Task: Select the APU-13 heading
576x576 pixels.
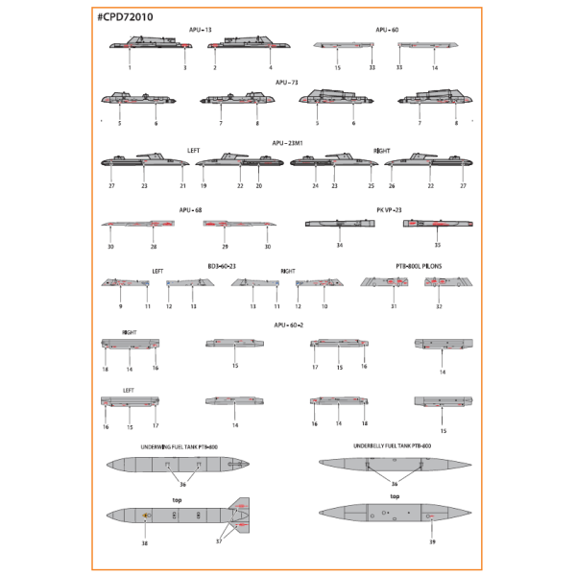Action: click(x=202, y=30)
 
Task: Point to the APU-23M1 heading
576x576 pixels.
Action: click(x=287, y=142)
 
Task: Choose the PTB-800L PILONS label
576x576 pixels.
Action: click(x=419, y=265)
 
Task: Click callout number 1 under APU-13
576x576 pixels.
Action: click(x=130, y=68)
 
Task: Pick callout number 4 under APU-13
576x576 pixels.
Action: click(x=271, y=68)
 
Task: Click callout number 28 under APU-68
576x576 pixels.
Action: click(x=154, y=246)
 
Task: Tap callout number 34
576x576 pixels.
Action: click(x=340, y=246)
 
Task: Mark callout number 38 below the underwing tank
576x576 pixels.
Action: click(x=145, y=542)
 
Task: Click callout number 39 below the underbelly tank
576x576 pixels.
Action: click(x=432, y=542)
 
